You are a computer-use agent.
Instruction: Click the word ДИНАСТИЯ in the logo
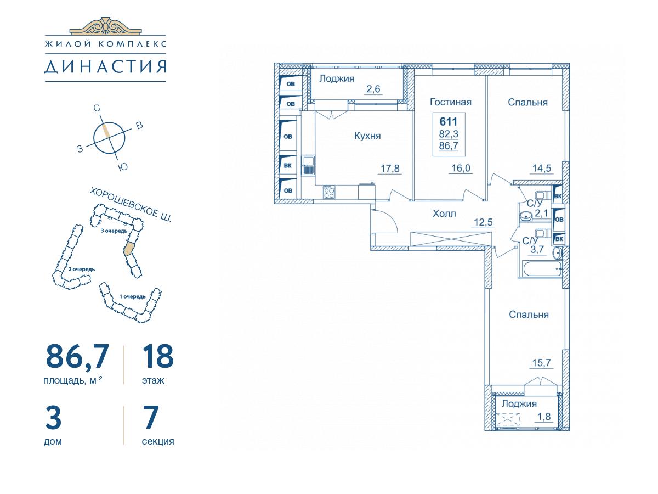click(x=105, y=66)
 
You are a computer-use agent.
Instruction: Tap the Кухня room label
click(x=367, y=136)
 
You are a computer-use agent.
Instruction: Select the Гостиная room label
click(x=450, y=102)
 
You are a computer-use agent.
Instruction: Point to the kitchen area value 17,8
click(x=390, y=169)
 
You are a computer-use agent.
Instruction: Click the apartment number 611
click(x=449, y=121)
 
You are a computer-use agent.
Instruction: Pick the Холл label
click(x=444, y=214)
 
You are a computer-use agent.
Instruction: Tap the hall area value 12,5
click(x=483, y=222)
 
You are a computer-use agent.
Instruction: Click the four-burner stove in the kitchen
click(x=329, y=192)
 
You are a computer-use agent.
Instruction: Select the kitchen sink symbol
click(x=308, y=165)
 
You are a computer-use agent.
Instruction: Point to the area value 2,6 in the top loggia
click(x=373, y=89)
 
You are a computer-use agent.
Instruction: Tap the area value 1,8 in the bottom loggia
click(x=544, y=417)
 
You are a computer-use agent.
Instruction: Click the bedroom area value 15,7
click(x=541, y=363)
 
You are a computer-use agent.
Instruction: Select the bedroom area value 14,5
click(x=542, y=169)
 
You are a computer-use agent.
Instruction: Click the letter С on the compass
click(x=97, y=108)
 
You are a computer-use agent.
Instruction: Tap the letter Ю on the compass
click(x=123, y=167)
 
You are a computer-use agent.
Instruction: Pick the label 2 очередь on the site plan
click(x=82, y=269)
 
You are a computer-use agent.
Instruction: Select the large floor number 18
click(x=158, y=356)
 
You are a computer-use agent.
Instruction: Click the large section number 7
click(x=151, y=417)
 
